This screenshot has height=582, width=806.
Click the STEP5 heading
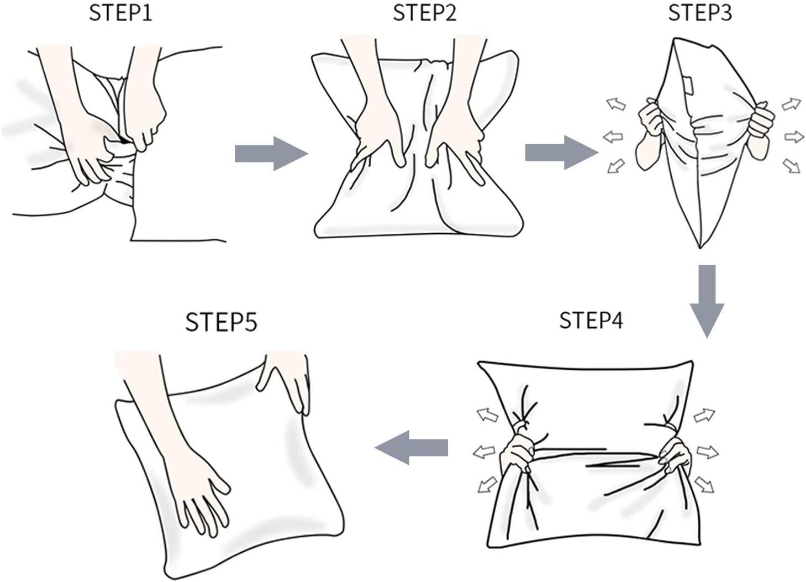222,322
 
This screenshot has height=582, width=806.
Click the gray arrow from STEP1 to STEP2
271,153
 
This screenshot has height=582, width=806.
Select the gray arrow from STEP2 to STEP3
562,153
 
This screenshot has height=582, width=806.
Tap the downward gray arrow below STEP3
707,301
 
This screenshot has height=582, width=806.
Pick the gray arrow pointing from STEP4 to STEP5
411,447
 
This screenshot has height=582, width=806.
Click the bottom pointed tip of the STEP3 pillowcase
700,248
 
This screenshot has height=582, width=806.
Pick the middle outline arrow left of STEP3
613,137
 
